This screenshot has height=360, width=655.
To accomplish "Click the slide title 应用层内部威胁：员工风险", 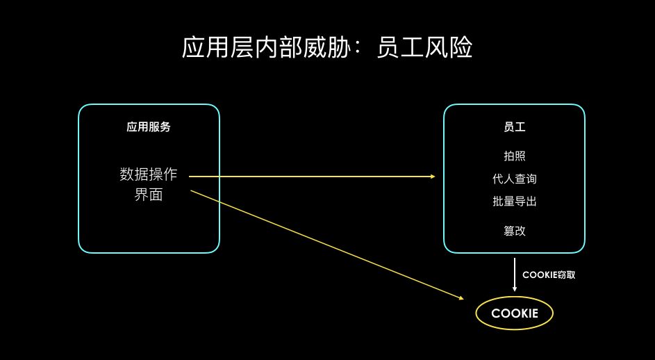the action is [327, 48].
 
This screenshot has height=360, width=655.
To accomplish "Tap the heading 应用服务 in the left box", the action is [149, 127].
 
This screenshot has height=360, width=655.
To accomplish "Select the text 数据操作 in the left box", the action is [149, 174].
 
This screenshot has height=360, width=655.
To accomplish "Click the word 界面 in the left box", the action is [149, 195].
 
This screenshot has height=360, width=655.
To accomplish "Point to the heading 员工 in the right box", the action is [514, 127].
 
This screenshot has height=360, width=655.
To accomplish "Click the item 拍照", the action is [514, 156].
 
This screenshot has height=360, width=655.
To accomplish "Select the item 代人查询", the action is [514, 179].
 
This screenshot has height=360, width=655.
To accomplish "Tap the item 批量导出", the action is [514, 202].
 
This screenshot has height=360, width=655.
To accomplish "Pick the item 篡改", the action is [514, 231].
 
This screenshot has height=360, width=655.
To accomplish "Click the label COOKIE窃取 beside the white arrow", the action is [549, 275].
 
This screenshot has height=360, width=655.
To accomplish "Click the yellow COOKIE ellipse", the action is [514, 313].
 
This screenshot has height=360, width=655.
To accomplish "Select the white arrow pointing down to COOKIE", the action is [514, 274].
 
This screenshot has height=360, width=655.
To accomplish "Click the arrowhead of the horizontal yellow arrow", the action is [432, 177].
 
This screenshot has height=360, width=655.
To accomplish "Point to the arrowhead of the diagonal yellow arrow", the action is [460, 298].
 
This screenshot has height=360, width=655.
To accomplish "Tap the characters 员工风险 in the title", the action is [424, 48].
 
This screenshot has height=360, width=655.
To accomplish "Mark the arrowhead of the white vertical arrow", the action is [514, 288].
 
